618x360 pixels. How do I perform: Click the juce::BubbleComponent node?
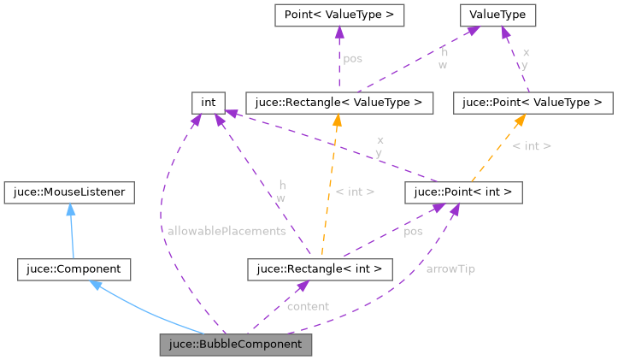click(x=235, y=345)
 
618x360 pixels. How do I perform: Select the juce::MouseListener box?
click(x=69, y=192)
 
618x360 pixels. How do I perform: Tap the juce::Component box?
click(x=74, y=269)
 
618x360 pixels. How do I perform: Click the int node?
click(x=208, y=103)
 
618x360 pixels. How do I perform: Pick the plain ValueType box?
click(x=497, y=15)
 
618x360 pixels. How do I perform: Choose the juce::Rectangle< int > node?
click(x=319, y=269)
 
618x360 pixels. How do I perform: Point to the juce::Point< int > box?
click(x=462, y=192)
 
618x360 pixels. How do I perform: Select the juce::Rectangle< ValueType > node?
click(x=338, y=103)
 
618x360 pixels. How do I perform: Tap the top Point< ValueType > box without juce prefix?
click(x=338, y=15)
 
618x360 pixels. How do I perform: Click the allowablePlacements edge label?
click(x=227, y=231)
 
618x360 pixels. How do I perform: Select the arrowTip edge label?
click(x=450, y=269)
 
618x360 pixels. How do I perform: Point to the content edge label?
click(x=308, y=306)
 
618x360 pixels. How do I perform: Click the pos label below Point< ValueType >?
click(x=352, y=59)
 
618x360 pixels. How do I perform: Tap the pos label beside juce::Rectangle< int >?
click(x=413, y=231)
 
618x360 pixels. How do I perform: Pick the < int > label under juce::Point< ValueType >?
click(x=532, y=146)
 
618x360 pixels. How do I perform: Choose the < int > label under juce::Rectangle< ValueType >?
click(x=355, y=192)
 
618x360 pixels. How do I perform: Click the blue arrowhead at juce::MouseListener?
click(x=69, y=209)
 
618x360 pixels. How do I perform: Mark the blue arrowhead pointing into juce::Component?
click(x=96, y=285)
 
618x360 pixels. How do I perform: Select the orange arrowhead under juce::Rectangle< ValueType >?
click(x=337, y=120)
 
